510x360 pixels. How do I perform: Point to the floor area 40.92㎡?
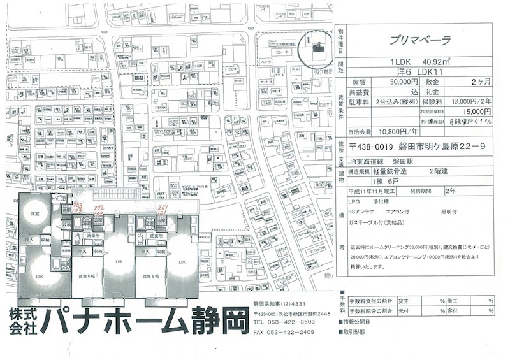coord(433,62)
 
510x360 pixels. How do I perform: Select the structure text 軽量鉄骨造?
coord(391,171)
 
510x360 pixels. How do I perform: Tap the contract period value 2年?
coord(451,190)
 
